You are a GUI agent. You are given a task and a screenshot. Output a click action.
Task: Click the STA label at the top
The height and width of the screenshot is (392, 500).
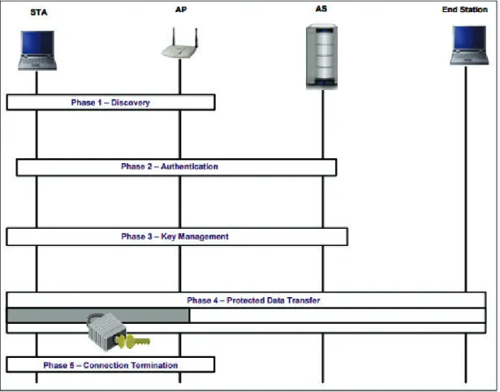[39, 12]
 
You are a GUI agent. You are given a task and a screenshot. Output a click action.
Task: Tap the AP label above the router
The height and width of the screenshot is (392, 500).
[181, 10]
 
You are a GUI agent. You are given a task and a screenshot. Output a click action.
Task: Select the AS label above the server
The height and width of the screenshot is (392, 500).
[321, 9]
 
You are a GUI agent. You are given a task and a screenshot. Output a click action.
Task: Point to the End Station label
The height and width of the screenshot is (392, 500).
[464, 10]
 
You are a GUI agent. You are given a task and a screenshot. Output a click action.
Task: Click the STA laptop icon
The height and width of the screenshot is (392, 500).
[37, 50]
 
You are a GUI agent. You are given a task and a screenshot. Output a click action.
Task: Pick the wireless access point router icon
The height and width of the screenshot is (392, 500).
[180, 44]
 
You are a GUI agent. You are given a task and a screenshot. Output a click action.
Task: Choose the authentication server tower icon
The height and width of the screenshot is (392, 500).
[321, 57]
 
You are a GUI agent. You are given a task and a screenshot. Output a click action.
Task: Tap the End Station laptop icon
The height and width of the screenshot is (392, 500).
[469, 45]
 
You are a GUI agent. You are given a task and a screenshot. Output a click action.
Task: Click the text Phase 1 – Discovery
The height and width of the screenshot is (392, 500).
[110, 102]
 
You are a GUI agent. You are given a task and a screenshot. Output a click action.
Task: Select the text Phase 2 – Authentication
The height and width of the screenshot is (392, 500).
[170, 166]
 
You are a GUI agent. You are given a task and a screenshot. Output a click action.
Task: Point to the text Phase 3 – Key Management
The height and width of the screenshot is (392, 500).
[175, 236]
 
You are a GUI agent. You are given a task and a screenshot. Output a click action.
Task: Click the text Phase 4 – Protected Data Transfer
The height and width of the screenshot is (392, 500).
[253, 300]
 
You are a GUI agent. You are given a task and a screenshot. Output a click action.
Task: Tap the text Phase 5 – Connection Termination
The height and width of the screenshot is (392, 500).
[110, 365]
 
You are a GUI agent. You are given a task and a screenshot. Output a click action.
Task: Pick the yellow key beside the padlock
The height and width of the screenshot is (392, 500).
[133, 342]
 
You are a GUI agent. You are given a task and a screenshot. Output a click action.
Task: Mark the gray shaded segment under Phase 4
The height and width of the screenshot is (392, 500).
[98, 316]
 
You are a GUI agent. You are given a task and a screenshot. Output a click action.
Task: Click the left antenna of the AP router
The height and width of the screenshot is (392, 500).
[174, 37]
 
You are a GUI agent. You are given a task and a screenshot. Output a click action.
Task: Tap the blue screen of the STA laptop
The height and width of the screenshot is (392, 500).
[37, 42]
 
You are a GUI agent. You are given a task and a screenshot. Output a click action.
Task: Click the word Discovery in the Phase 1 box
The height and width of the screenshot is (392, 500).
[131, 102]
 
